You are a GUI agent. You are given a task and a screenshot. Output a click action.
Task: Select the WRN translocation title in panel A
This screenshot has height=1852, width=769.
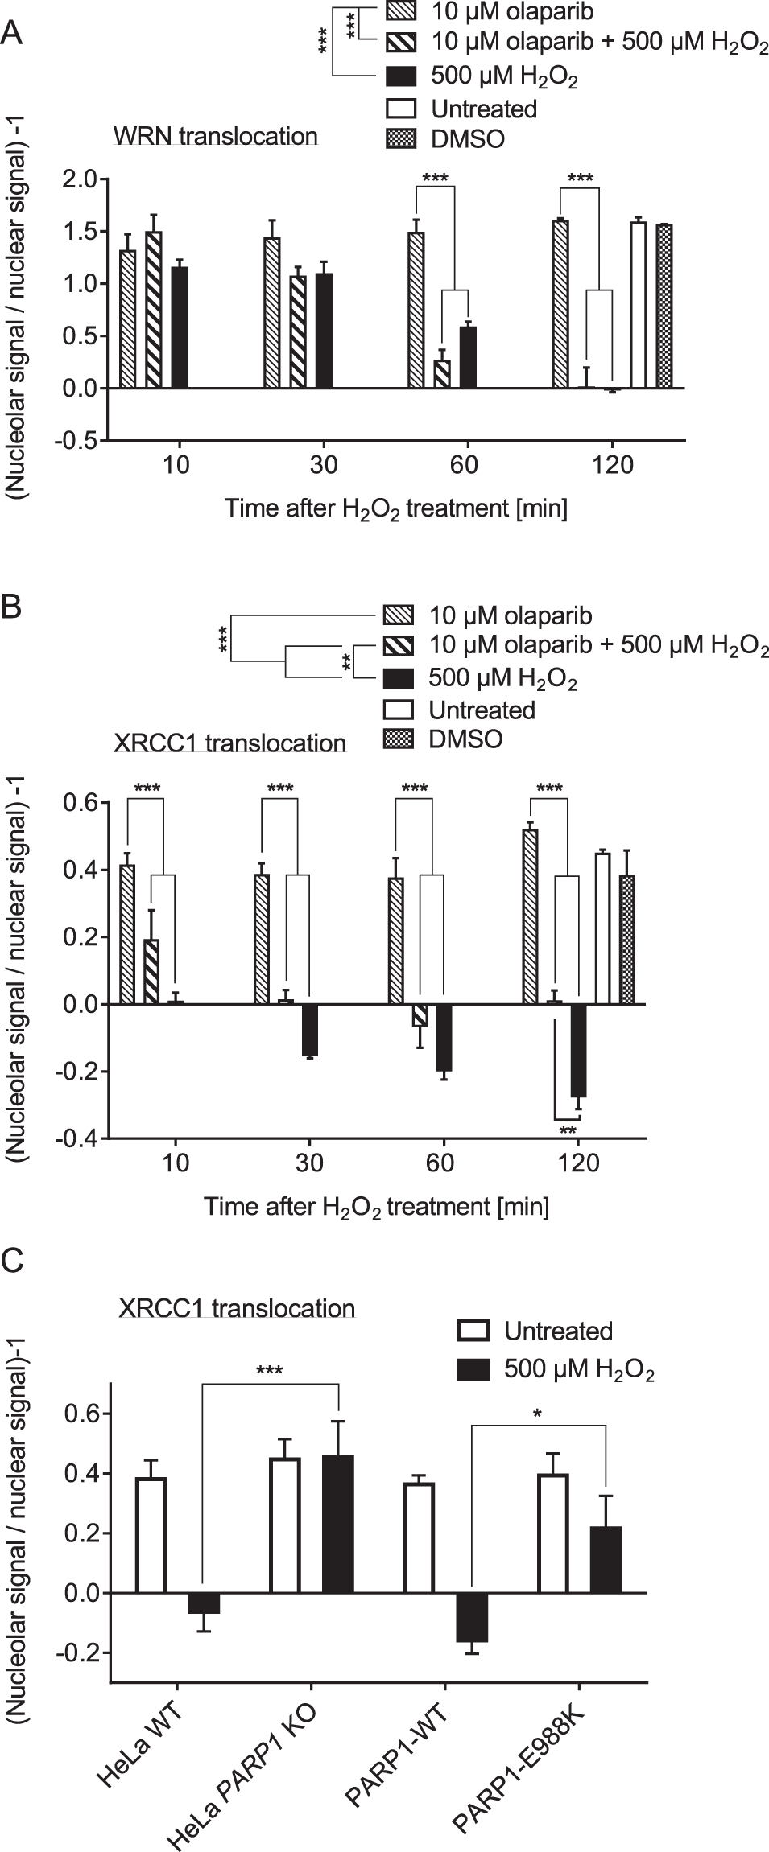[215, 136]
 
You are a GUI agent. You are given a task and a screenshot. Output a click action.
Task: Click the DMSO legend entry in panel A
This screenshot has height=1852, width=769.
[467, 138]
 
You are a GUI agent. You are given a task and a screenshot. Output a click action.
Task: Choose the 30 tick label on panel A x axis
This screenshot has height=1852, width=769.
[323, 465]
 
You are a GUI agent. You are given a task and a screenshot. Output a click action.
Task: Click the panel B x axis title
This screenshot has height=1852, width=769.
[376, 1206]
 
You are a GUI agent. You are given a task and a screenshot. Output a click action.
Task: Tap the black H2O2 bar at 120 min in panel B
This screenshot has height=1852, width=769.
[578, 1050]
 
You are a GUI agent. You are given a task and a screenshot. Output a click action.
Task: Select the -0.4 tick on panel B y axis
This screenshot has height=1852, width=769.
[78, 1138]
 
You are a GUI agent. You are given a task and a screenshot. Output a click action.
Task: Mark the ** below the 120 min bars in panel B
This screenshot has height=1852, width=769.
[568, 1130]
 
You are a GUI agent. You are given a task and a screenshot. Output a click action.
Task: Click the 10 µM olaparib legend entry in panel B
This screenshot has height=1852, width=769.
[510, 616]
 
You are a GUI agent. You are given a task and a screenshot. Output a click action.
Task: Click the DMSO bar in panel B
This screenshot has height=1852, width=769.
[626, 940]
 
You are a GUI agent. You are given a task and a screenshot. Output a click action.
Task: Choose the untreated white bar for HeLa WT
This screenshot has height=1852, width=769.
[151, 1535]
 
